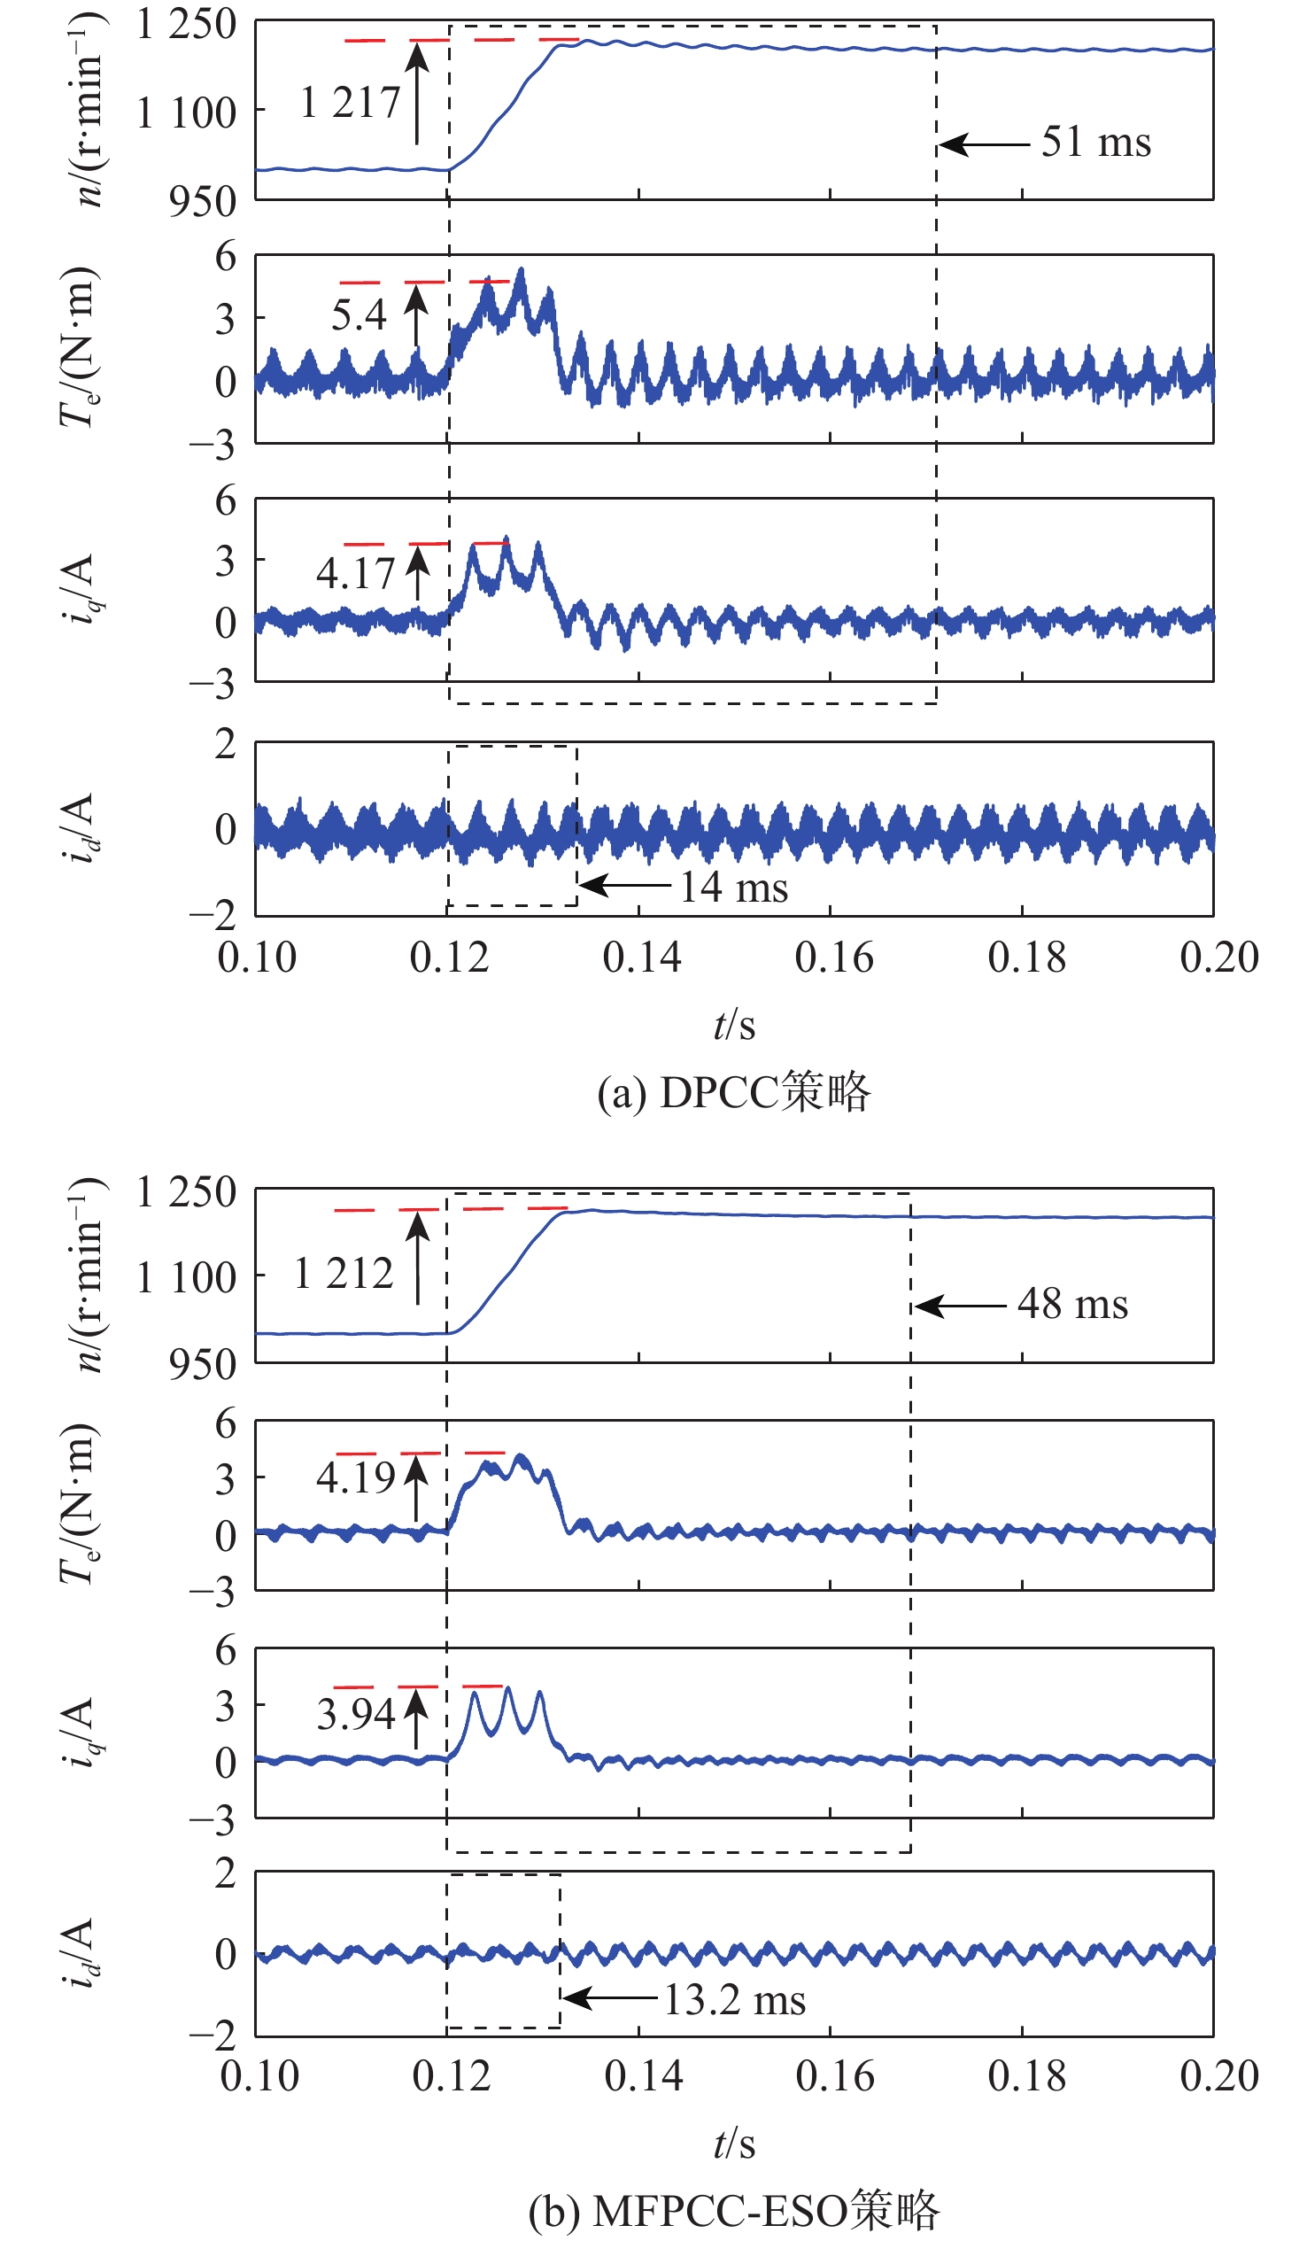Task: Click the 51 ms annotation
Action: coord(1095,143)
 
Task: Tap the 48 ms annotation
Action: coord(1072,1305)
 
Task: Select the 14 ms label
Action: coord(733,887)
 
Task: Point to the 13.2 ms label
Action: coord(734,2000)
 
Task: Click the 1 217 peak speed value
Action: coord(350,102)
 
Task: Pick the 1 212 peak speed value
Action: coord(344,1274)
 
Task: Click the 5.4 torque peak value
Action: coord(359,314)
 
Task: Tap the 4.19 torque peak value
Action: coord(356,1478)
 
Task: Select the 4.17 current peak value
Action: coord(355,574)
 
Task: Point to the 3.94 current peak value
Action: coord(356,1714)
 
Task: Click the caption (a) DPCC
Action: coord(733,1092)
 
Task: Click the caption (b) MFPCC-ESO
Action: coord(733,2211)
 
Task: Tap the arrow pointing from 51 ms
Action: coord(984,143)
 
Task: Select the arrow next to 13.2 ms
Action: coord(612,1999)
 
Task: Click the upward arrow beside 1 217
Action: coord(417,93)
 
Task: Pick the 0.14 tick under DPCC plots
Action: coord(641,958)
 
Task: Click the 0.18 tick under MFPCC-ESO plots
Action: coord(1026,2076)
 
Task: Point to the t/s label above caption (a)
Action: coord(733,1026)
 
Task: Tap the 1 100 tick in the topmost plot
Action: coord(186,113)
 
